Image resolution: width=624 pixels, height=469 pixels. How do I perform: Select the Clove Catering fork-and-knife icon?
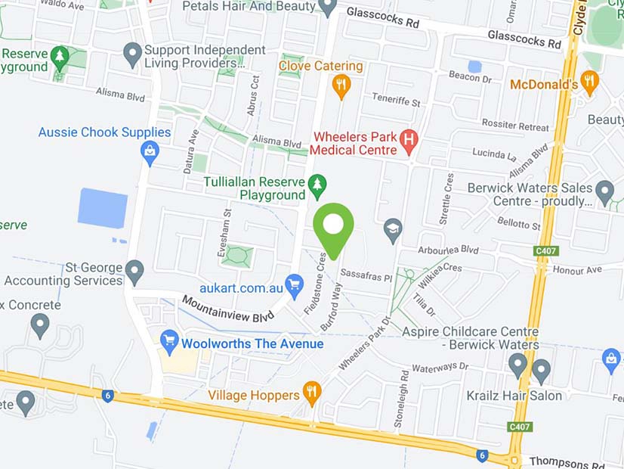pos(341,85)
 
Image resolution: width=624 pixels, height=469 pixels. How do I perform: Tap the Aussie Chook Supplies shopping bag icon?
pos(150,153)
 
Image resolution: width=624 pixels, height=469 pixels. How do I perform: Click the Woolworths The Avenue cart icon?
pos(169,342)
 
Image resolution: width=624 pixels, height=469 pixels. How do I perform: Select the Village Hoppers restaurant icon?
pos(311,393)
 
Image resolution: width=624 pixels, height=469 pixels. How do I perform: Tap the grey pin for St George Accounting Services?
pos(134,271)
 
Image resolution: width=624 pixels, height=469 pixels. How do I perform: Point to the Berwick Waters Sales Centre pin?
pos(604,192)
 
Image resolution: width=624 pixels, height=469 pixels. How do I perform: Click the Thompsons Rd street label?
pos(567,461)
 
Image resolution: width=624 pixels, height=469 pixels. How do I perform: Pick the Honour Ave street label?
pos(577,269)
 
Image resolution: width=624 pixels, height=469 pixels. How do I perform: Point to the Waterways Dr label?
pos(441,367)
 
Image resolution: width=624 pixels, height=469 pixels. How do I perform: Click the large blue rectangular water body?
pos(103,208)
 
